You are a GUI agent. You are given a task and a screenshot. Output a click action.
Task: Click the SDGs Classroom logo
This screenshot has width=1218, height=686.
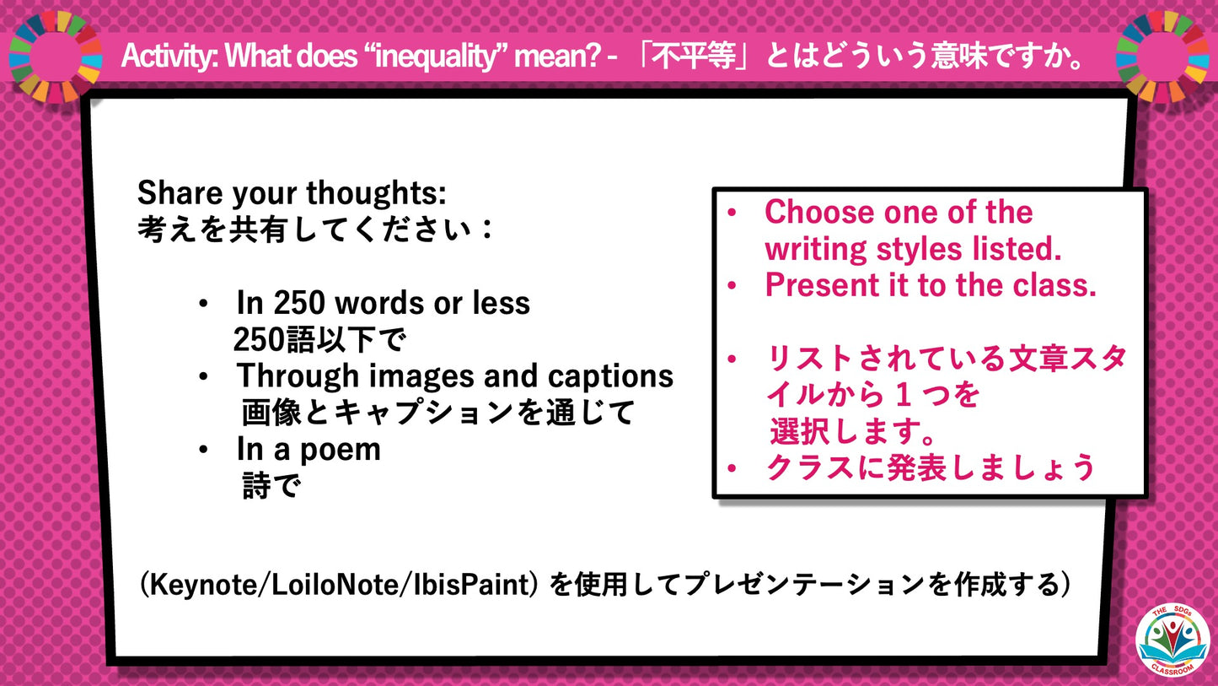coord(1172,640)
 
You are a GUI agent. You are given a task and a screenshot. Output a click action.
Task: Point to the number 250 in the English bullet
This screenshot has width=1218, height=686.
coord(298,303)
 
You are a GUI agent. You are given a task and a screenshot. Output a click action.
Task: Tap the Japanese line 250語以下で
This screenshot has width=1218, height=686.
coord(319,340)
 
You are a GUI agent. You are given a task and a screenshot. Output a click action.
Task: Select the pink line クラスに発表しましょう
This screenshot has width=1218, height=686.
coord(930,467)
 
